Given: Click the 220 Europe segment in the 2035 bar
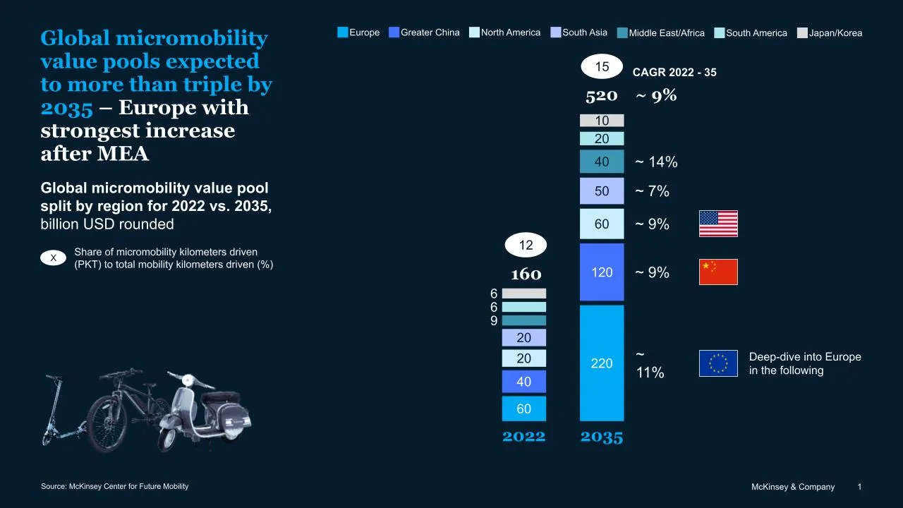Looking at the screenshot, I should [x=602, y=363].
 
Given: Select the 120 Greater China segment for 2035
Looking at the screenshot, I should [x=602, y=272].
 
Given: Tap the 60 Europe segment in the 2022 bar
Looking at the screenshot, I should [x=523, y=409].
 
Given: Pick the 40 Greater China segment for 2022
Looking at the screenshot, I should [x=523, y=382].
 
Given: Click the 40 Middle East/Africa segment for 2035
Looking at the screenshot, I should [x=602, y=162].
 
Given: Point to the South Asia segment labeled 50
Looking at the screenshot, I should [x=602, y=191].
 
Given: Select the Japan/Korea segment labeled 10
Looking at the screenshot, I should [x=602, y=121].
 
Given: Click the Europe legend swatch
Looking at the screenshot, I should [x=343, y=32].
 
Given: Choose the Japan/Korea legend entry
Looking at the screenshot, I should [x=830, y=32].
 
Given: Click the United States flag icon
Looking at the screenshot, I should [x=718, y=224].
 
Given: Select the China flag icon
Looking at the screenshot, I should [x=718, y=272].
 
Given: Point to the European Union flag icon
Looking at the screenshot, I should [x=718, y=363].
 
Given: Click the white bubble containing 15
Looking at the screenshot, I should [x=602, y=67].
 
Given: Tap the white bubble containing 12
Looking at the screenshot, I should [x=526, y=245].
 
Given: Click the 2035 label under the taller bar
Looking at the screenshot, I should [x=602, y=437].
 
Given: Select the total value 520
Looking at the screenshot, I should [x=601, y=95].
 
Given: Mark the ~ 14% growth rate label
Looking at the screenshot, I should [x=656, y=162].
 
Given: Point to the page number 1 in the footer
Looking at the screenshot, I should [x=859, y=487].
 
